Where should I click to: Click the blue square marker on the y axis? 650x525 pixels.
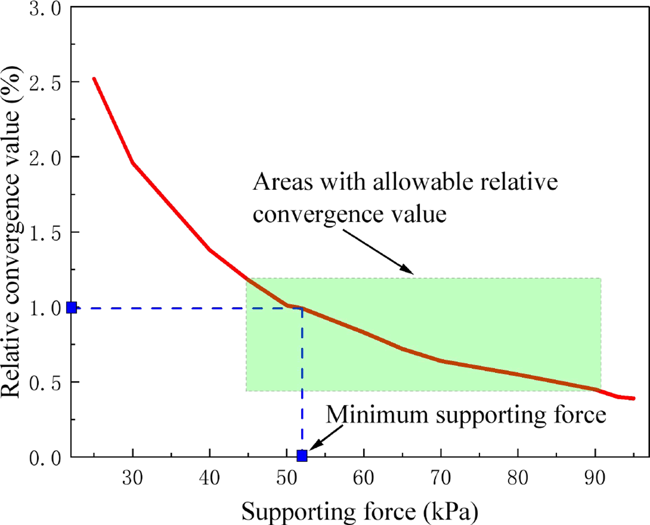tap(71, 307)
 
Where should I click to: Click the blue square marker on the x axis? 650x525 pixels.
tap(302, 455)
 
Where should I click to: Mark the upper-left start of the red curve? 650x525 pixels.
tap(94, 79)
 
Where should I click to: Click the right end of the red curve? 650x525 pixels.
tap(633, 398)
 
